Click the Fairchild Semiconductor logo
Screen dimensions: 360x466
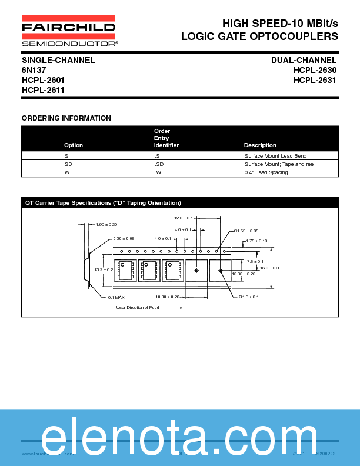coord(69,34)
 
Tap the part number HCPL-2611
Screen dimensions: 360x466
coord(43,90)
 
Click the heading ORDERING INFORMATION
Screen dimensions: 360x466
coord(66,118)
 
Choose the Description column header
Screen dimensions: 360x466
coord(260,145)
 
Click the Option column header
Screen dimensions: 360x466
coord(74,145)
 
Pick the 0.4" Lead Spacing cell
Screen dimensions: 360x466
coord(266,172)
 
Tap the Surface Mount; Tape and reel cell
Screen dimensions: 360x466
coord(279,164)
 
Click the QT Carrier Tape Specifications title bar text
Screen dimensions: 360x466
coord(103,203)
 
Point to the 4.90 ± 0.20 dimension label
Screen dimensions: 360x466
coord(106,224)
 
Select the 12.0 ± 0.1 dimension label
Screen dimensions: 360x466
coord(183,218)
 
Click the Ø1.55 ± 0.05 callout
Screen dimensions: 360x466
coord(246,231)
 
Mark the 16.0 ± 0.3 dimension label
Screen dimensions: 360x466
coord(269,268)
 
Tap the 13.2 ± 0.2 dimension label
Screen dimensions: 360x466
coord(104,269)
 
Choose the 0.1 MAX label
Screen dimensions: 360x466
coord(116,297)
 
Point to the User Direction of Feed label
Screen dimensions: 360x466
coord(137,308)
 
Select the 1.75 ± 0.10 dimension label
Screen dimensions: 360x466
coord(256,241)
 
